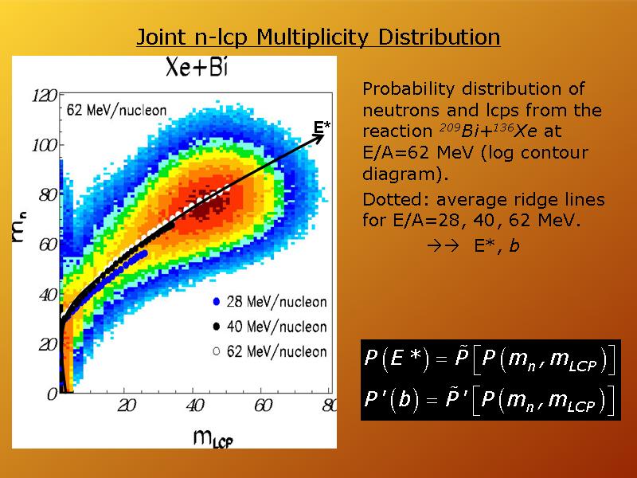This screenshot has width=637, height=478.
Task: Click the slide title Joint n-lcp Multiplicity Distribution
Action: [318, 37]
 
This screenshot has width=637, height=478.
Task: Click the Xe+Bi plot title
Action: [197, 67]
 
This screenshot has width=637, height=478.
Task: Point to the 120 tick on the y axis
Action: [45, 96]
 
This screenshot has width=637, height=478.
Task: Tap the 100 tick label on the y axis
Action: [45, 146]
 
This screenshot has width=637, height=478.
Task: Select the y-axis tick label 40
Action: [49, 295]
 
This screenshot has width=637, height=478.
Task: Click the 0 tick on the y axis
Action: [53, 394]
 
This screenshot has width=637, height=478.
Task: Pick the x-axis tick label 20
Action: [127, 406]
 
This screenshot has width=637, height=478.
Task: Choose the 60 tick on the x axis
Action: [263, 406]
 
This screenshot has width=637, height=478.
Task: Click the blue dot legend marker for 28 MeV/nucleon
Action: [217, 302]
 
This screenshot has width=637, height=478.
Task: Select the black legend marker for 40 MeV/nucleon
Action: [217, 327]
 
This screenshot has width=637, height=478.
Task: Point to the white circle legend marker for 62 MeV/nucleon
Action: [217, 351]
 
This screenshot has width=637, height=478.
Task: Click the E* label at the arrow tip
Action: [322, 127]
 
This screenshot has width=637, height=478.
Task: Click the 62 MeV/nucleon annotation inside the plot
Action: [116, 110]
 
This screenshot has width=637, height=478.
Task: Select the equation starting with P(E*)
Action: [490, 358]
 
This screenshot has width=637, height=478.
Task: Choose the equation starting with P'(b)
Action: [490, 399]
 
